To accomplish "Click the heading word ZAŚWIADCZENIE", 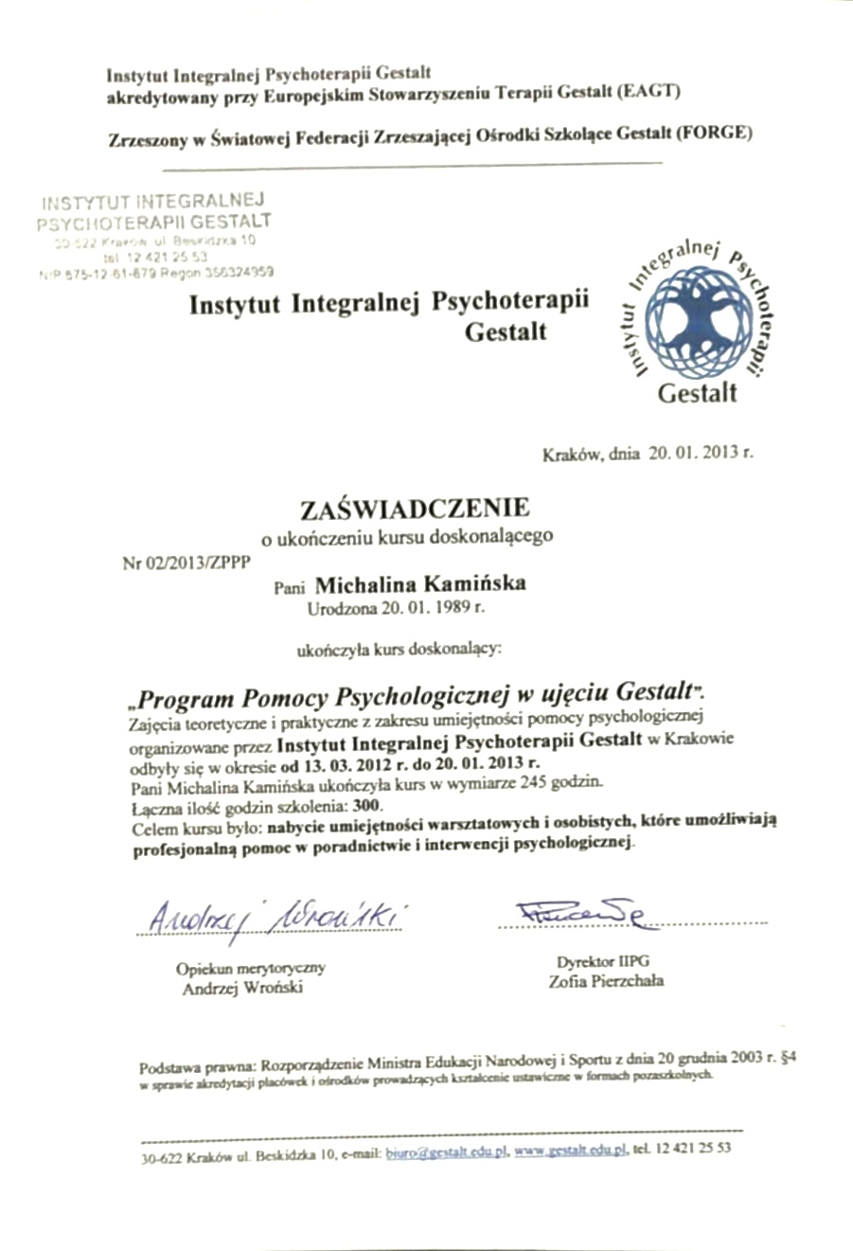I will click(x=415, y=509).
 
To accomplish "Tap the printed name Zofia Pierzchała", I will click(x=606, y=981).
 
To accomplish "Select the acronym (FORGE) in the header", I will click(x=714, y=134).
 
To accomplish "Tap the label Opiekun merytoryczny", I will click(x=251, y=968).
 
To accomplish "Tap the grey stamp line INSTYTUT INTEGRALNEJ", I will click(x=152, y=202).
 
